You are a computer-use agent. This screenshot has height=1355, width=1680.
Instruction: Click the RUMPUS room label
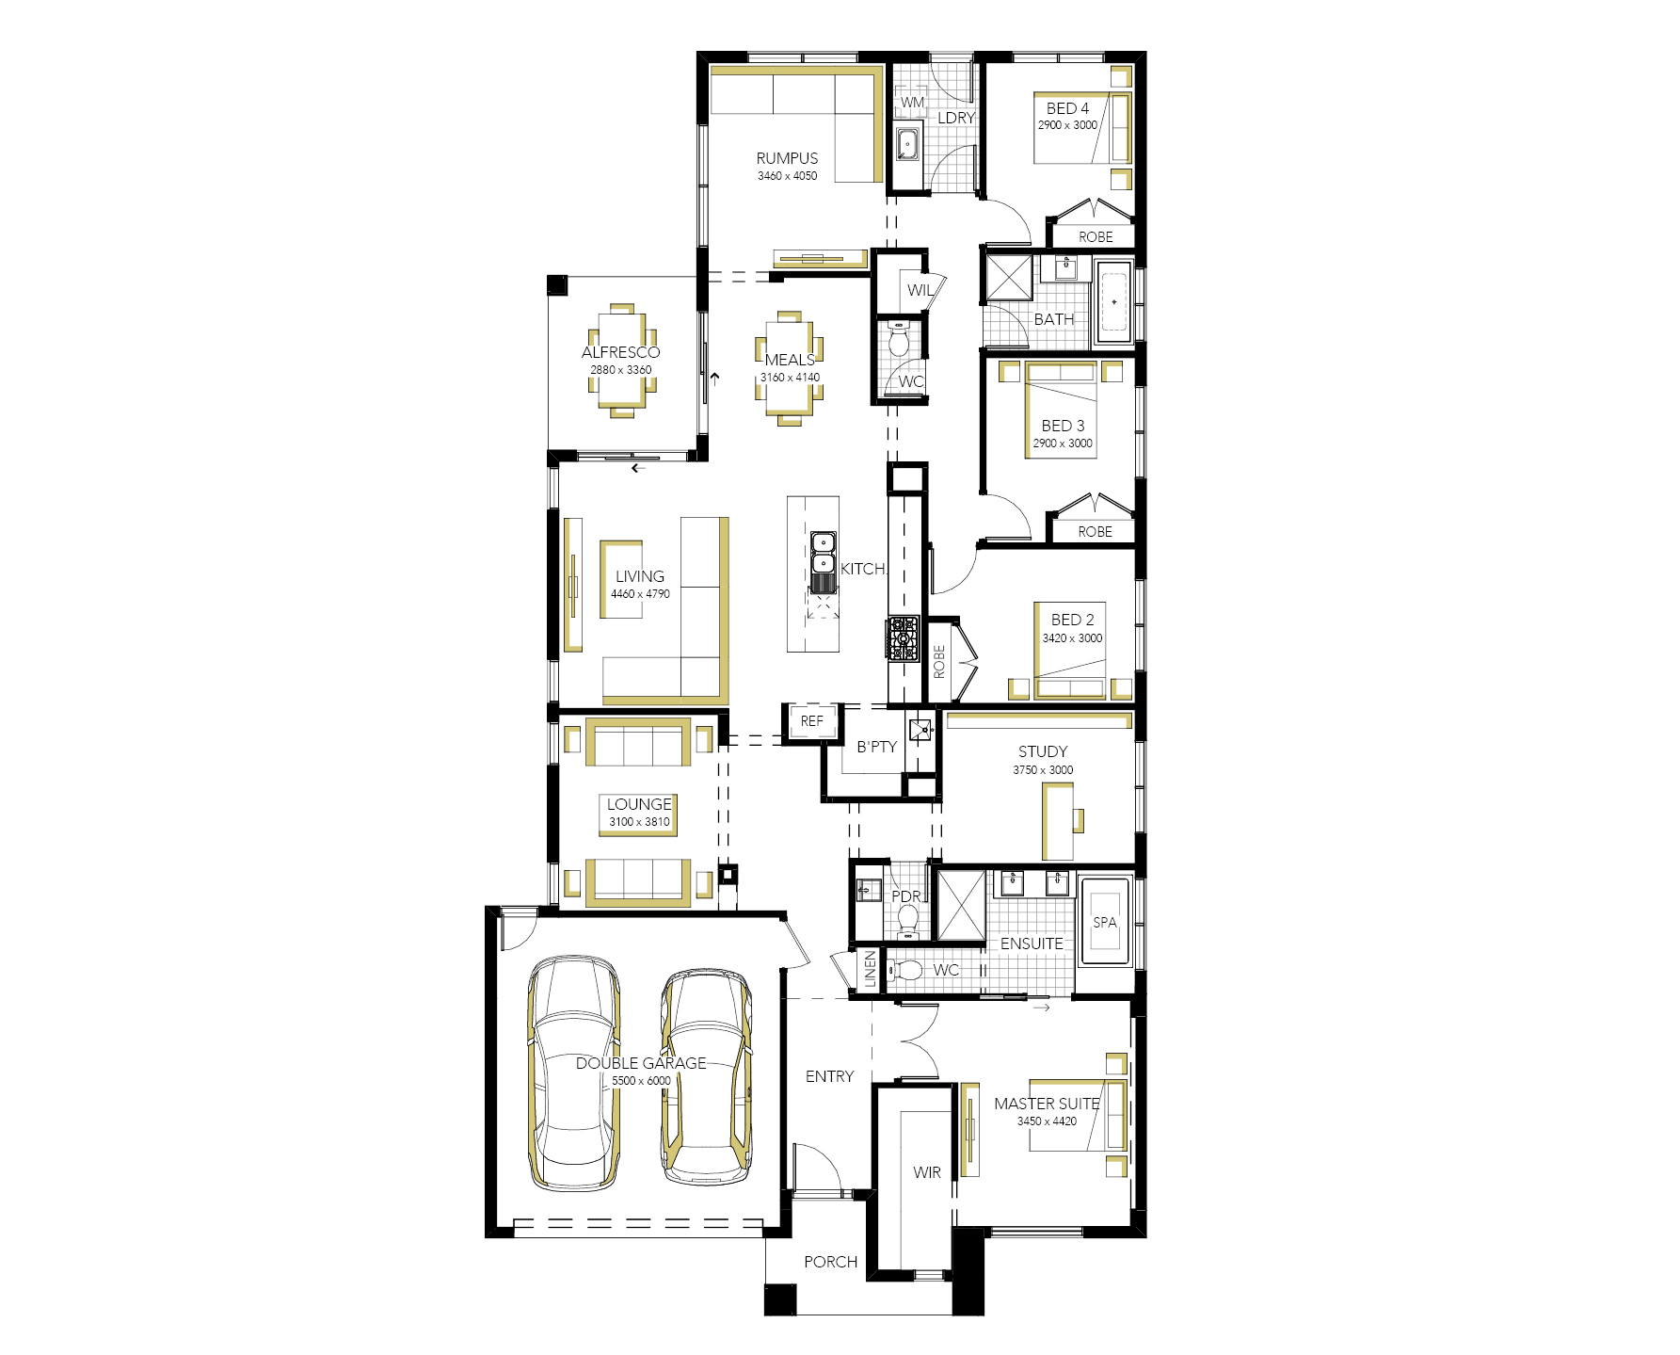787,158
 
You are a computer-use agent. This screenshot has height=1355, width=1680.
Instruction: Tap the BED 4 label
1067,108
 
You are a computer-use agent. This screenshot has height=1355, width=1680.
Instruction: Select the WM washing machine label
912,102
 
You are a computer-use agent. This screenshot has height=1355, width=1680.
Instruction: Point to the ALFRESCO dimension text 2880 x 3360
620,369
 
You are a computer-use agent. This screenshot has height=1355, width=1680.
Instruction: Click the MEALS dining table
790,368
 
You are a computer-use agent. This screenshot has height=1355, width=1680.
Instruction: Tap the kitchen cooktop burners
903,637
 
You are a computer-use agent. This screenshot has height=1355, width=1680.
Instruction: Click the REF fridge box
811,722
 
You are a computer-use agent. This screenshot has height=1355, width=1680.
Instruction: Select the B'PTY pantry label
876,747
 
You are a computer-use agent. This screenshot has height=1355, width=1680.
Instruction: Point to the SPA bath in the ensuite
1105,922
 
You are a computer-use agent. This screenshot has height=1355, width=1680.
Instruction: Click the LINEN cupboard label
871,969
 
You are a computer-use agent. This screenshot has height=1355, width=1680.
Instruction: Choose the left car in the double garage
573,1073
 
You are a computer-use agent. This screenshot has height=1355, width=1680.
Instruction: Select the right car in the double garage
706,1077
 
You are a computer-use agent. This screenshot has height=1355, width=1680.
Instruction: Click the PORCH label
830,1262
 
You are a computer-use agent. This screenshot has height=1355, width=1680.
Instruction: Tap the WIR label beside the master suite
927,1172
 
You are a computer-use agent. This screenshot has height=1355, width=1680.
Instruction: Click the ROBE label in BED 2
939,662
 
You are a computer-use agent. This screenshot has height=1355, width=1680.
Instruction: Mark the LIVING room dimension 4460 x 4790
640,594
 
